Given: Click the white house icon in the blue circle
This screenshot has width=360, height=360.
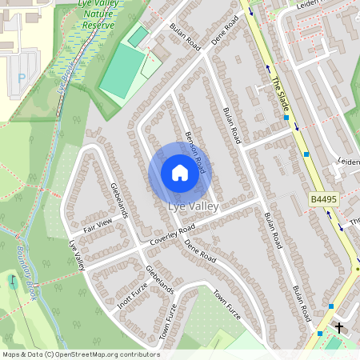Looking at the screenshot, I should (x=180, y=172).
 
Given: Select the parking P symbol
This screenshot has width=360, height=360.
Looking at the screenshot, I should (x=22, y=78).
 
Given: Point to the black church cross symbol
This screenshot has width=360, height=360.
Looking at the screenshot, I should (x=339, y=327).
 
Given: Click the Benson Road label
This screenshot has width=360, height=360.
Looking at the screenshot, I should (x=195, y=152).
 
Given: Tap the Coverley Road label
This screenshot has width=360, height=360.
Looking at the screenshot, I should (x=172, y=234).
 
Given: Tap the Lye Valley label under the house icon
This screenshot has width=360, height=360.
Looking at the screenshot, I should (x=193, y=206).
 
